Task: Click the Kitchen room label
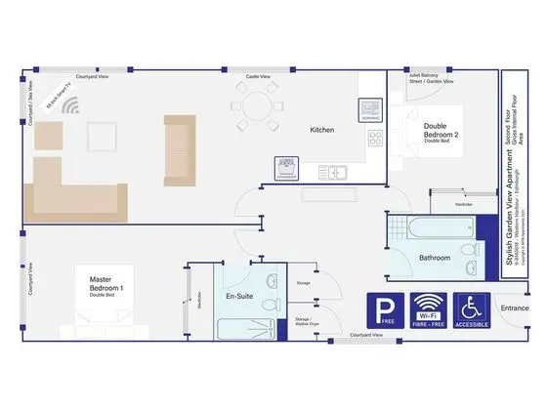(x=322, y=130)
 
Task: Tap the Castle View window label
(x=258, y=75)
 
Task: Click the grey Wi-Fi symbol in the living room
(x=70, y=105)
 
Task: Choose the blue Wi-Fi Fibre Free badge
(x=427, y=309)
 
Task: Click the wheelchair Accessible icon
(x=472, y=309)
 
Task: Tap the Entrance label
(x=515, y=308)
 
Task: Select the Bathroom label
(x=435, y=258)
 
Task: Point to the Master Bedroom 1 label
(x=112, y=285)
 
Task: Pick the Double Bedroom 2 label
(x=436, y=131)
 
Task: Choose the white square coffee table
(x=102, y=134)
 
